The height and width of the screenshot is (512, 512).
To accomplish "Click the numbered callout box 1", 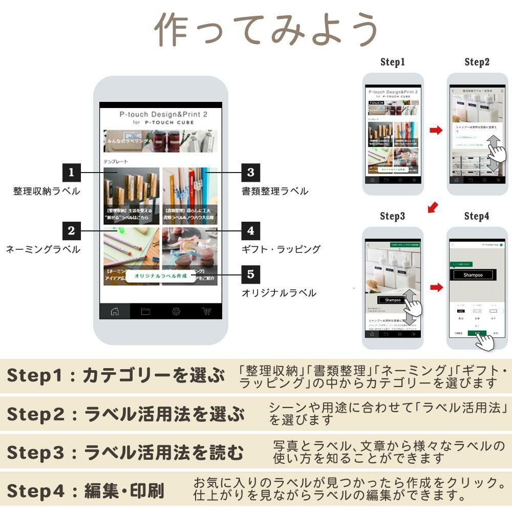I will click(71, 173).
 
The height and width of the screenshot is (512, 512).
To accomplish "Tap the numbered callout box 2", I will click(71, 231).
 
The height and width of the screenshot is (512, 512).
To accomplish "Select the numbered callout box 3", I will click(250, 173).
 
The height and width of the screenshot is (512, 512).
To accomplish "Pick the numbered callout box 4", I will click(250, 231).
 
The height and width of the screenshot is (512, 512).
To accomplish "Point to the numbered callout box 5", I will click(250, 274).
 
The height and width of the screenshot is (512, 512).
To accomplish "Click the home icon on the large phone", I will click(115, 311).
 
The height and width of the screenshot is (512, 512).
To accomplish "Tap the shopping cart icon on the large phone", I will click(206, 311).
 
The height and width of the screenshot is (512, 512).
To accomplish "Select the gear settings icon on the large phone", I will click(176, 311).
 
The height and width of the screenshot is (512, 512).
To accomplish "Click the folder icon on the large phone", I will click(145, 311).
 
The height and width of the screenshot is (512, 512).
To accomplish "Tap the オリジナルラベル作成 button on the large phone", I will click(160, 276).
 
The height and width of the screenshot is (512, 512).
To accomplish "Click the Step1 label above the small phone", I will click(393, 62).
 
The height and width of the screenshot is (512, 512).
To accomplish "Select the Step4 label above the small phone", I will click(477, 216).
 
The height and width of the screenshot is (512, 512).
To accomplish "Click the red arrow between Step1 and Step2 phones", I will click(436, 131).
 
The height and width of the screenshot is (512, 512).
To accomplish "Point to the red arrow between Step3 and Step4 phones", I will click(436, 287).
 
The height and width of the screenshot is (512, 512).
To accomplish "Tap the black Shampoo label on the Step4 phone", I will click(473, 275).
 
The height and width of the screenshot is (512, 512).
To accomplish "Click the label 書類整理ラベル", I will click(275, 191).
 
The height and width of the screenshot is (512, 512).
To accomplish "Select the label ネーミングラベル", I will click(43, 250).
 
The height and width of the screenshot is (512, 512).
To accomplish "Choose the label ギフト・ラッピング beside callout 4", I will click(281, 249).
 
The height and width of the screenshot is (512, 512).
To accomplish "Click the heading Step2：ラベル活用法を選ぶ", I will click(125, 414).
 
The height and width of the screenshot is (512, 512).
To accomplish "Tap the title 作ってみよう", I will click(266, 29).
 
